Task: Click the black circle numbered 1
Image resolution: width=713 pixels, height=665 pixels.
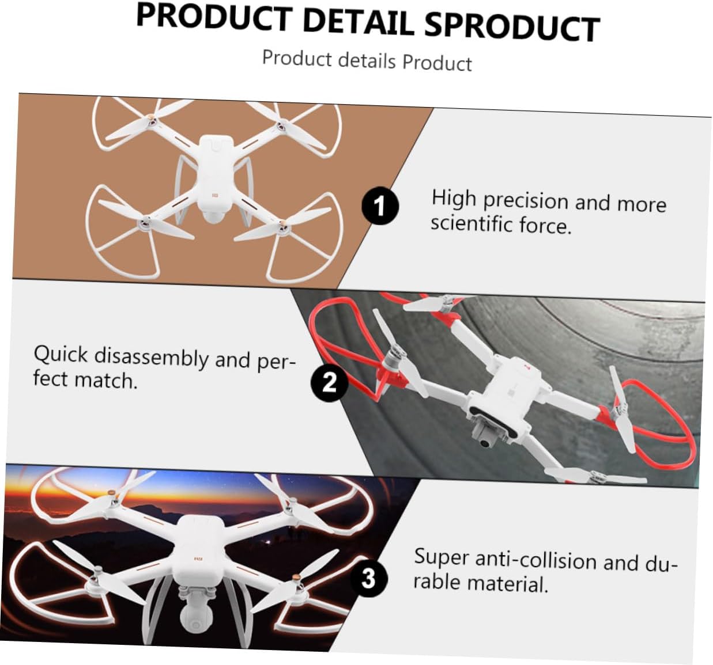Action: pyautogui.click(x=380, y=206)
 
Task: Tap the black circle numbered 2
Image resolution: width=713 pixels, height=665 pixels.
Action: pyautogui.click(x=329, y=382)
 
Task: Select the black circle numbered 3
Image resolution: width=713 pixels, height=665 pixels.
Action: pyautogui.click(x=368, y=577)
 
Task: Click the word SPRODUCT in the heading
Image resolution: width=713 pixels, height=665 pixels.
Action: pyautogui.click(x=512, y=26)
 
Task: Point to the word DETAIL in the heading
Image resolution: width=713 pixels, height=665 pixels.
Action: pyautogui.click(x=358, y=21)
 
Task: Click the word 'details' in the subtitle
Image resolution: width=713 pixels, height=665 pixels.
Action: pyautogui.click(x=367, y=60)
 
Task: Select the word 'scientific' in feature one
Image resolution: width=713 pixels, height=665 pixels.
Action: pyautogui.click(x=471, y=223)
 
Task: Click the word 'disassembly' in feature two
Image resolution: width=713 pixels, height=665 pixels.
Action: pyautogui.click(x=152, y=356)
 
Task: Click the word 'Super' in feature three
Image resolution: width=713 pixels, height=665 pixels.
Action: pyautogui.click(x=441, y=557)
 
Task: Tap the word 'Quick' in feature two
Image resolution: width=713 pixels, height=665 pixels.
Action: pyautogui.click(x=61, y=354)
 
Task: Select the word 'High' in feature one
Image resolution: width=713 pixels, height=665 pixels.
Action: pyautogui.click(x=454, y=198)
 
